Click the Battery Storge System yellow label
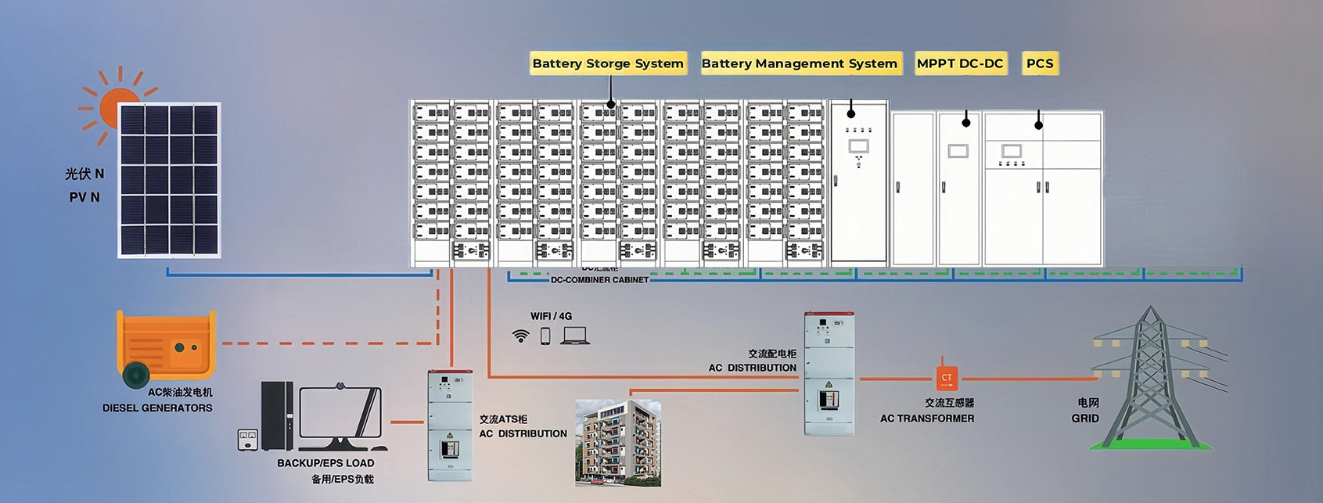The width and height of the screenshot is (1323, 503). point(608,63)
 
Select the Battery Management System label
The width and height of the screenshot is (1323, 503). point(800,63)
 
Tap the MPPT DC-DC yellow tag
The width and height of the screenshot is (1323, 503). point(960,63)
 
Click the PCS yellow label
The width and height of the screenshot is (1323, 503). point(1040,63)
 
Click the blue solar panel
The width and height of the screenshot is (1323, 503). point(169,180)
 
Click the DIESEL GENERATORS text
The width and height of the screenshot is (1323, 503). point(157,408)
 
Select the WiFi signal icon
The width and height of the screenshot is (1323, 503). point(520,336)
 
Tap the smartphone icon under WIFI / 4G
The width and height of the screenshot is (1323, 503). point(545,336)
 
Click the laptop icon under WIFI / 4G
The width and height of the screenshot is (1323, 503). point(575,336)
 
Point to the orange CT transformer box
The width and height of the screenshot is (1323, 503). point(947,378)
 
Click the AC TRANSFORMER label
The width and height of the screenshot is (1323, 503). point(927,419)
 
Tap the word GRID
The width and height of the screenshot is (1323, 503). point(1085,419)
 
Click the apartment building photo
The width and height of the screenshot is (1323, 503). point(618,442)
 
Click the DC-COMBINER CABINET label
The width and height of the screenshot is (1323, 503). point(599,279)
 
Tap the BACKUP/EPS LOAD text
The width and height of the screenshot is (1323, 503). point(325,463)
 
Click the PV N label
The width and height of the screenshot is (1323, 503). point(84,197)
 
